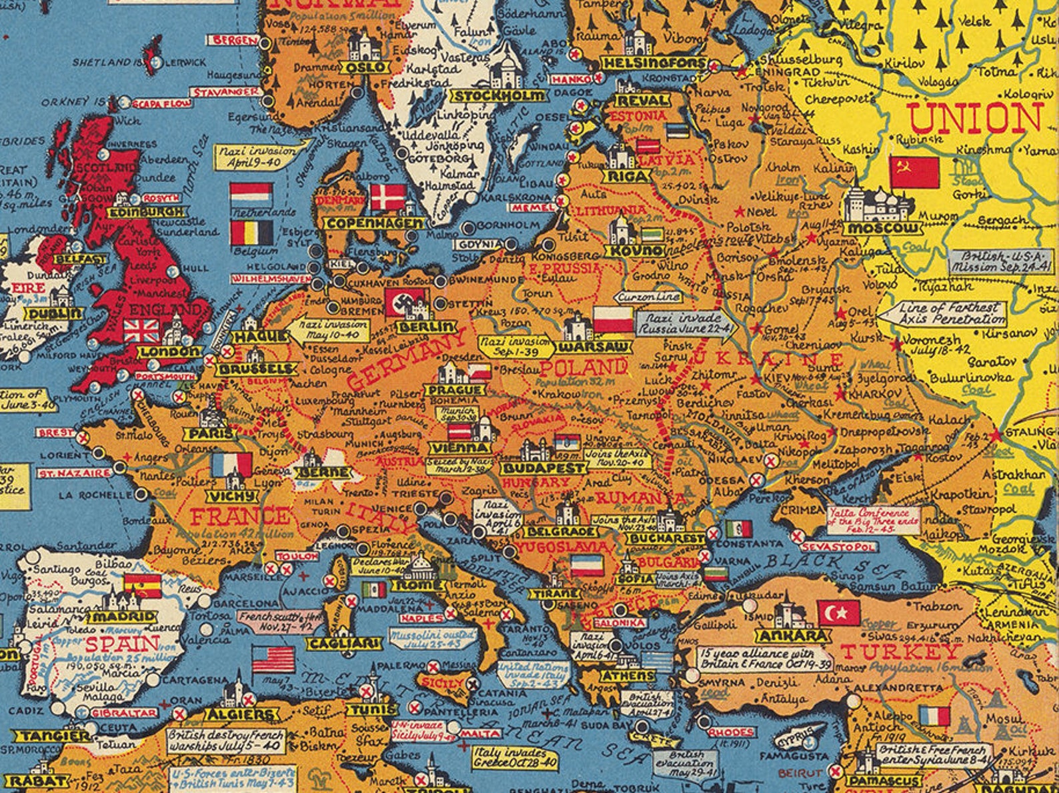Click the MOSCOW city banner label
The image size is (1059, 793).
[x=883, y=229]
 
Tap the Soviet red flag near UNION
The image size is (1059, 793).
[x=914, y=173]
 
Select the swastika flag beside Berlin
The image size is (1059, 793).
[x=404, y=303]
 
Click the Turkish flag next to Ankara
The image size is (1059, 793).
[x=839, y=613]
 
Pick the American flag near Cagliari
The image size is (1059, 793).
[x=273, y=659]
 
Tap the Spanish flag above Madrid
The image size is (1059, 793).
[x=142, y=586]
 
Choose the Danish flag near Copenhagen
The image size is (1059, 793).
[x=387, y=198]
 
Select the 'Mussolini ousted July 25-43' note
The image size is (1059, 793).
[x=434, y=639]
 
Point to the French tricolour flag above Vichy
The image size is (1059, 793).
[x=231, y=465]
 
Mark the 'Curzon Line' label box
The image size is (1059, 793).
[x=648, y=297]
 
